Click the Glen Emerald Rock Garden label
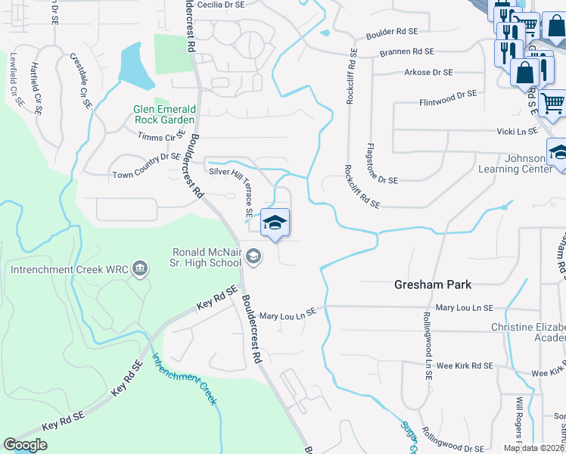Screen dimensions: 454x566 (153, 114)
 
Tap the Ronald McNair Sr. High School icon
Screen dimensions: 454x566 (254, 257)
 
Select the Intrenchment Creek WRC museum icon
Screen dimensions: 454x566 (139, 268)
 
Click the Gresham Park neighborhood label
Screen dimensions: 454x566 (433, 285)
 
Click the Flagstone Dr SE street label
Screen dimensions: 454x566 (381, 163)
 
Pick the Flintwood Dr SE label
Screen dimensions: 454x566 (448, 97)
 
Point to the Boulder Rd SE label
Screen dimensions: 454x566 (392, 32)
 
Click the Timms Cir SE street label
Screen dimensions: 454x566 (161, 136)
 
